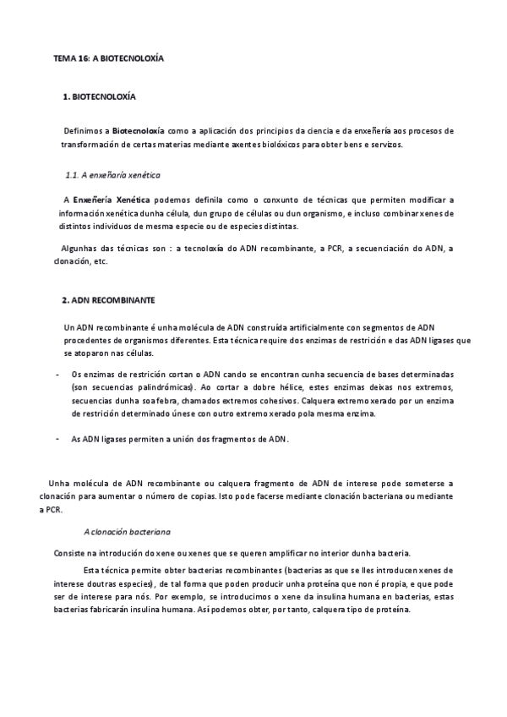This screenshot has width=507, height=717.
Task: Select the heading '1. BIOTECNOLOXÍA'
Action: tap(99, 97)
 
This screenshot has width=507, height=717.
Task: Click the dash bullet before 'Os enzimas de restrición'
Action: tap(57, 374)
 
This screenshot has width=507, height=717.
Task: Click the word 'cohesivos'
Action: tap(264, 401)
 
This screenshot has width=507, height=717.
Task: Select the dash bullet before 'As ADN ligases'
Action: tap(57, 439)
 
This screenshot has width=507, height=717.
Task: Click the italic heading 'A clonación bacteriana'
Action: tap(128, 532)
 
